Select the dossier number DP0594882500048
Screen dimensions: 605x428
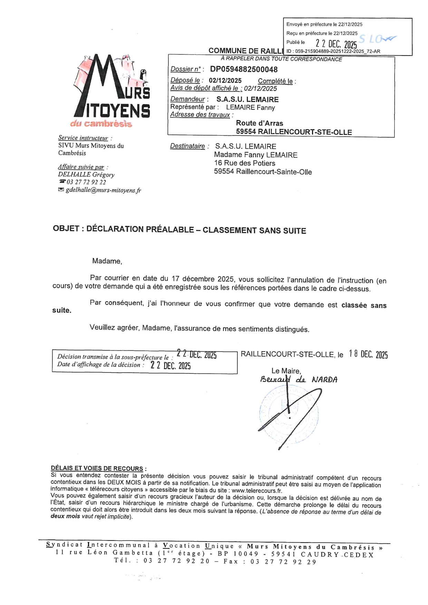(x=244, y=69)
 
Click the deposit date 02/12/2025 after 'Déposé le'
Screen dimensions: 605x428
(x=225, y=81)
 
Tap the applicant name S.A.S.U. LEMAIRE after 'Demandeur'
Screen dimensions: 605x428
(x=247, y=100)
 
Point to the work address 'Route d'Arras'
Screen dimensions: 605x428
(x=260, y=123)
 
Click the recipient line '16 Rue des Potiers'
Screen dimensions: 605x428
(x=245, y=163)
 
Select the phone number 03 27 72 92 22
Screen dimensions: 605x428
(x=86, y=182)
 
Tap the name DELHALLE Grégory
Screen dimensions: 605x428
(x=86, y=175)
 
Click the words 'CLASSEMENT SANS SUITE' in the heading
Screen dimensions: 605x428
(x=254, y=230)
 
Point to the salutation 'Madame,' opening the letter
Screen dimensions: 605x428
(x=107, y=261)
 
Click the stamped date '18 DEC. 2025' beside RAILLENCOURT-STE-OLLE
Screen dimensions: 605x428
(x=368, y=355)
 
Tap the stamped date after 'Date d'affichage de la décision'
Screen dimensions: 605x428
(x=171, y=366)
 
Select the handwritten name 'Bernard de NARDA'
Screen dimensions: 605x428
(x=299, y=380)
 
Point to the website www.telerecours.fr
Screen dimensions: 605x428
(x=257, y=490)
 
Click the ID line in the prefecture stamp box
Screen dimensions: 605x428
(x=333, y=51)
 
